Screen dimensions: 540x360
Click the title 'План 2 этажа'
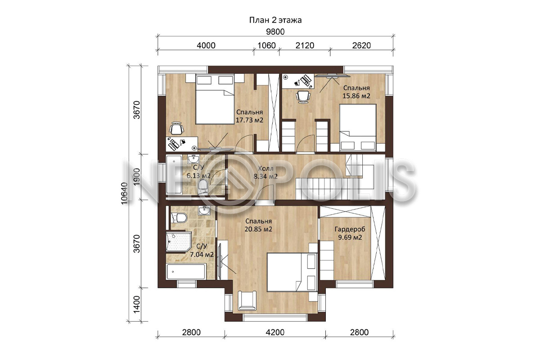coord(275,20)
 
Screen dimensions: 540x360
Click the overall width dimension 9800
coord(275,32)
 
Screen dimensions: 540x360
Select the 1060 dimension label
coord(266,45)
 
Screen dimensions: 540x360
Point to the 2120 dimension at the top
coord(305,45)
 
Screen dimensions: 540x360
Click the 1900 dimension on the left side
coord(137,177)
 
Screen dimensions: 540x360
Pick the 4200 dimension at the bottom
coord(275,332)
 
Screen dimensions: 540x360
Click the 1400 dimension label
coord(137,305)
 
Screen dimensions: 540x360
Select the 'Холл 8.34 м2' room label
coord(265,172)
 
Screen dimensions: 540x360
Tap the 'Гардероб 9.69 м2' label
coord(350,233)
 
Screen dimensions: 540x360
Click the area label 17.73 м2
coord(249,120)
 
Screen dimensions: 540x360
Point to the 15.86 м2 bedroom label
coord(356,96)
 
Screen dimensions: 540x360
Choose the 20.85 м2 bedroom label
coord(258,229)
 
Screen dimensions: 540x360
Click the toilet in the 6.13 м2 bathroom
coord(203,187)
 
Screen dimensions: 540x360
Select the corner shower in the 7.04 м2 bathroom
coord(178,242)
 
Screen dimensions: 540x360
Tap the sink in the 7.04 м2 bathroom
coord(204,211)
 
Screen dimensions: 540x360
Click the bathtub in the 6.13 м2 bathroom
coord(174,175)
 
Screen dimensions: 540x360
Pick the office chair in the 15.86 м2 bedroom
coord(302,97)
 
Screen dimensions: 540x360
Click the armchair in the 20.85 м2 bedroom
coord(247,301)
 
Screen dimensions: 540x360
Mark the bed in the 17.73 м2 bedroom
coord(215,99)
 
